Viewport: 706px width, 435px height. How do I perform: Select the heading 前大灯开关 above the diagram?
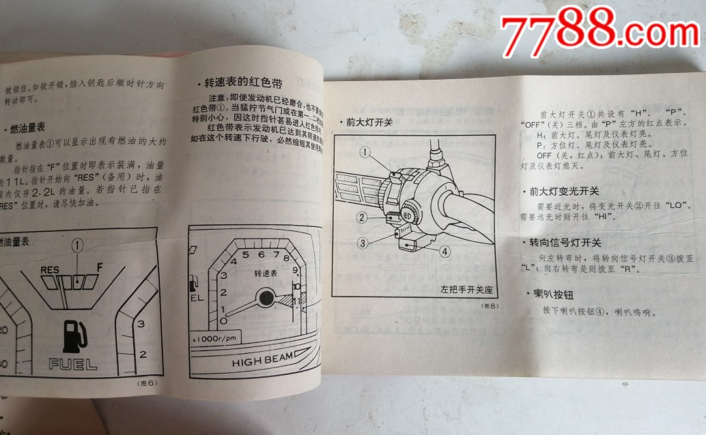(369, 123)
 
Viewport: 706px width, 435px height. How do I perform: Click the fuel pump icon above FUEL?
(72, 334)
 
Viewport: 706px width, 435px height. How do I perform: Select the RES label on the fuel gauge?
(51, 270)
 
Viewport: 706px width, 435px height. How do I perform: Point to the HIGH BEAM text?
(262, 361)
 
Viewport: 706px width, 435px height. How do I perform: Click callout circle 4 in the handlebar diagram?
(444, 251)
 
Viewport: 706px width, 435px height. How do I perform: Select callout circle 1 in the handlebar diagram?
(365, 152)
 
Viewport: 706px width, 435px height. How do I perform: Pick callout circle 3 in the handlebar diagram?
(363, 242)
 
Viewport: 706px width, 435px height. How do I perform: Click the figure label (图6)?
(147, 382)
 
